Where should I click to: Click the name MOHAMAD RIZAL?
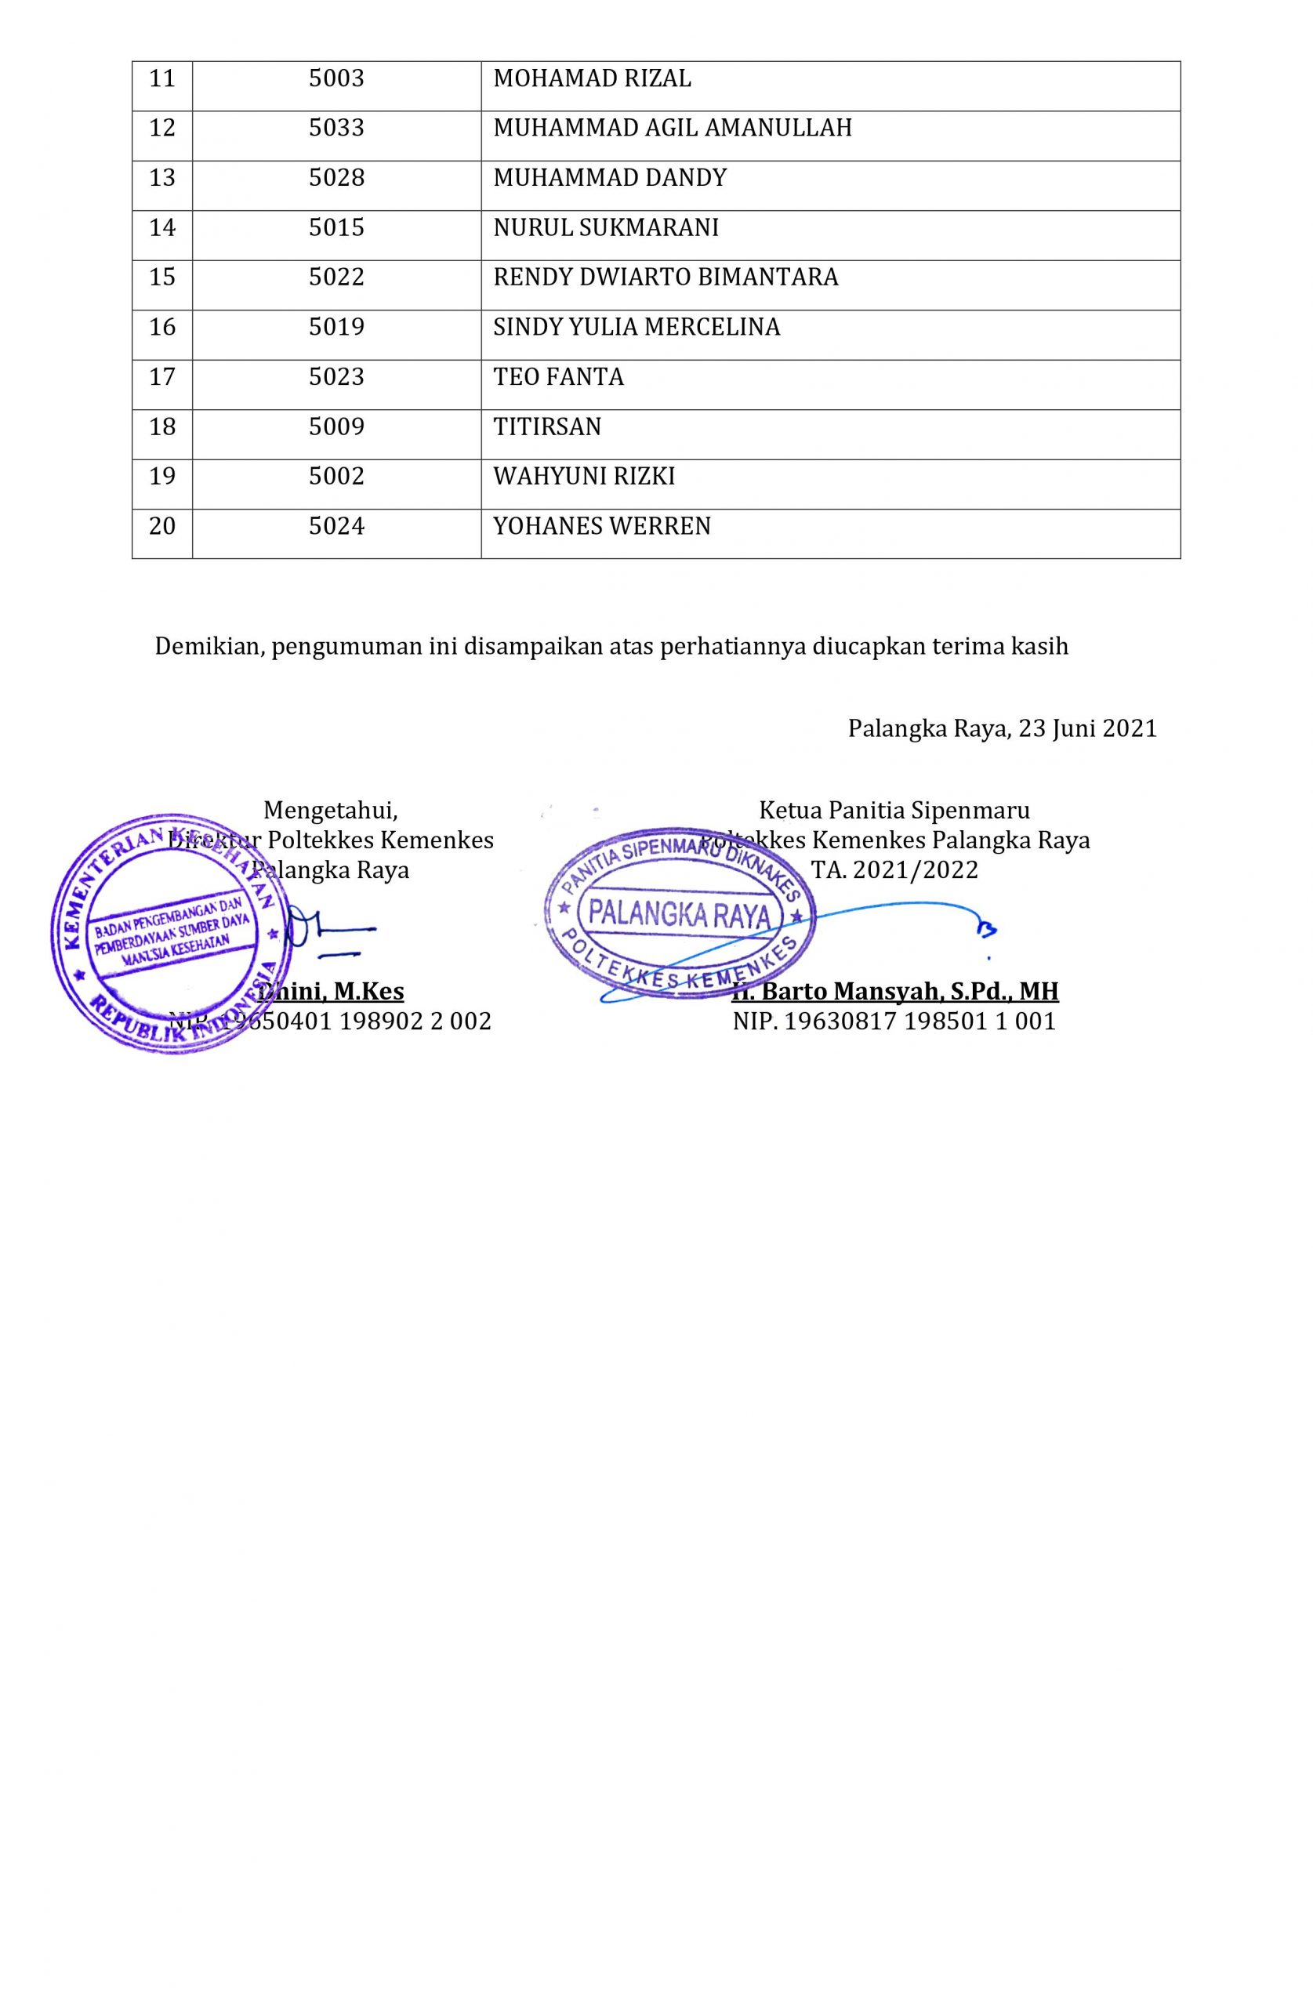click(591, 78)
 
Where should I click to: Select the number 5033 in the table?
click(336, 128)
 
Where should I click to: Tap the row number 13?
click(162, 178)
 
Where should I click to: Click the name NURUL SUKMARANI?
click(605, 227)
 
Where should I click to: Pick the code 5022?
click(336, 278)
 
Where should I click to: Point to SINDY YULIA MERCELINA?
click(636, 327)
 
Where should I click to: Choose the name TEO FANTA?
click(558, 377)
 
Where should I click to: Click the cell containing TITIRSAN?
click(547, 426)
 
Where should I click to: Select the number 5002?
click(336, 477)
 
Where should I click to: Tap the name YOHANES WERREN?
click(601, 526)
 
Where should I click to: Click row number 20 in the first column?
click(162, 526)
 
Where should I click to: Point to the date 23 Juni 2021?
click(1087, 728)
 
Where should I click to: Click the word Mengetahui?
click(330, 811)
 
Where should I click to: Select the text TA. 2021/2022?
click(894, 869)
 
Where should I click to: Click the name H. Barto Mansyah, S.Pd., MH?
click(894, 991)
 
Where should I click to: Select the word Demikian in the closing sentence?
click(210, 647)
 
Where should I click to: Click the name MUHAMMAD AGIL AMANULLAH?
click(672, 128)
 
